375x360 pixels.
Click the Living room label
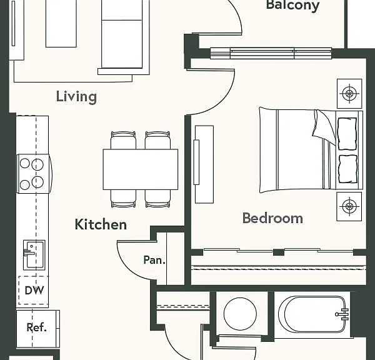[76, 97]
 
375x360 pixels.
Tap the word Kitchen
[101, 224]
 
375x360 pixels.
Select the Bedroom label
[272, 218]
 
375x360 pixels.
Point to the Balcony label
[292, 5]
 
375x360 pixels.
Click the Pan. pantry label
[154, 260]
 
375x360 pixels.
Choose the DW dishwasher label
[34, 291]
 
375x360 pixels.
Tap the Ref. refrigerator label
[36, 327]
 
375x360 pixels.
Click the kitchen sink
[34, 255]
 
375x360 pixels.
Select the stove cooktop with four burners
[34, 174]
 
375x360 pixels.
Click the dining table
[141, 169]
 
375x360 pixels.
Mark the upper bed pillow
[347, 134]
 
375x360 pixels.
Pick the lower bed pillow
[348, 169]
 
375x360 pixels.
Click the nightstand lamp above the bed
[349, 94]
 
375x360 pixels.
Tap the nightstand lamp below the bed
[349, 206]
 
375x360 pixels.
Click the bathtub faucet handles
[343, 314]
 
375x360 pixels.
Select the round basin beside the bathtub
[240, 314]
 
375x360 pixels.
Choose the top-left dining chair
[123, 140]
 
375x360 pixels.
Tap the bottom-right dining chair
[157, 199]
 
